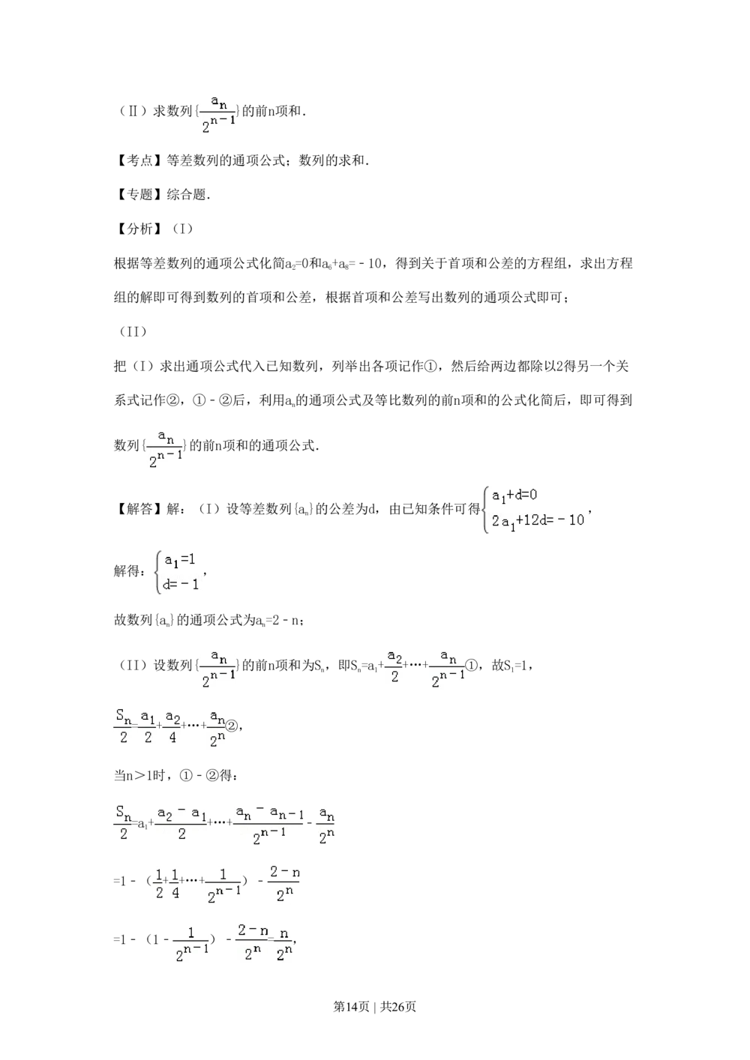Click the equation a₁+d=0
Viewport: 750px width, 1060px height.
(x=514, y=496)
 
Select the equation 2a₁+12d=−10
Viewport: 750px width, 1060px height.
(x=538, y=520)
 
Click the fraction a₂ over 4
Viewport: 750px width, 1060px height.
(x=172, y=726)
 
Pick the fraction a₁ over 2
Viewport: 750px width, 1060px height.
(x=148, y=726)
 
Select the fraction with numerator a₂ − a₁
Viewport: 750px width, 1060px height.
(x=181, y=822)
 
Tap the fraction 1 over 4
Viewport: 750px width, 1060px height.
(x=175, y=884)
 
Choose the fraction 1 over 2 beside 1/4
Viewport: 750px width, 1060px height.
(x=159, y=884)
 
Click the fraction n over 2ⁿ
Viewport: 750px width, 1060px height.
(x=283, y=943)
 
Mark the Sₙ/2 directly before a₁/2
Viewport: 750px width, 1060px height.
(x=123, y=726)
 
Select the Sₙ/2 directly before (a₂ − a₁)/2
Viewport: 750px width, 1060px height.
(x=123, y=822)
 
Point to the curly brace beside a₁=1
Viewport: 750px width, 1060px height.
(x=157, y=572)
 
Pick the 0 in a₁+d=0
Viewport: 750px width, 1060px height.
(x=533, y=496)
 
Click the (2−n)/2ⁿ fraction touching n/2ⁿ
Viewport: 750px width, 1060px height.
(x=252, y=942)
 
